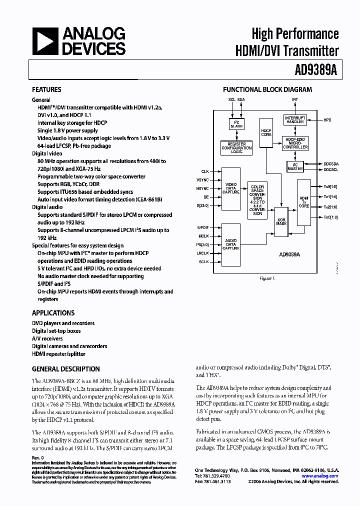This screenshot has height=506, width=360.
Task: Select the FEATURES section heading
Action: (46, 90)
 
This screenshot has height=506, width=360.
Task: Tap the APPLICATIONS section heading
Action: (53, 313)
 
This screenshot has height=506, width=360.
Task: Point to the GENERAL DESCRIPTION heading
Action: (65, 369)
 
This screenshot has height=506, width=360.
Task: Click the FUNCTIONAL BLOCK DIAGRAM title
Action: (267, 90)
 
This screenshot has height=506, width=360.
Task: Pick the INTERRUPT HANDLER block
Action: (295, 120)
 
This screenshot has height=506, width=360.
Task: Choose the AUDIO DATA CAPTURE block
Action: (231, 244)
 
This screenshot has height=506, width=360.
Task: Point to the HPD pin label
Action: (327, 120)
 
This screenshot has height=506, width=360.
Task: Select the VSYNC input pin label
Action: (202, 180)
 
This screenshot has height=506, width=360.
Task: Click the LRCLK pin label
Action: (202, 253)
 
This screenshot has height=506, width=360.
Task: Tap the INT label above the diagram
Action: (295, 99)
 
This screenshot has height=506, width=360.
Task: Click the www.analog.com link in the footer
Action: (323, 476)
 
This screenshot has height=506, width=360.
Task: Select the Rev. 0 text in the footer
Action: (38, 457)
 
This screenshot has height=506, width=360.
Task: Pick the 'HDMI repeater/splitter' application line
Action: (59, 353)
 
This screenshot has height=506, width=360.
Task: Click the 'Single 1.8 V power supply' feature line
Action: (68, 130)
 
